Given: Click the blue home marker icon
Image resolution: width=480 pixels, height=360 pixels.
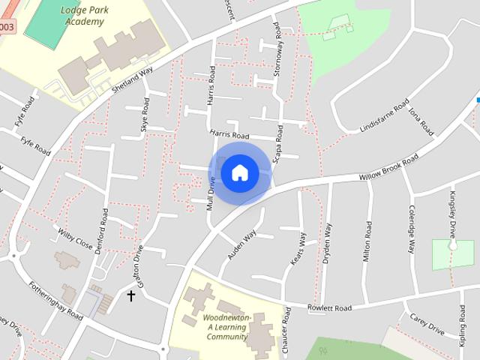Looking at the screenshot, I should click(239, 172).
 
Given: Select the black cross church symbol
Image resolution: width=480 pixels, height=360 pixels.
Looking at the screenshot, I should click(131, 295).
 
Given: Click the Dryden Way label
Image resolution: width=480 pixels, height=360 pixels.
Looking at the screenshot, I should click(328, 239).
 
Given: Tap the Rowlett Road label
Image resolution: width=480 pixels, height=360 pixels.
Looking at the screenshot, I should click(328, 307).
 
